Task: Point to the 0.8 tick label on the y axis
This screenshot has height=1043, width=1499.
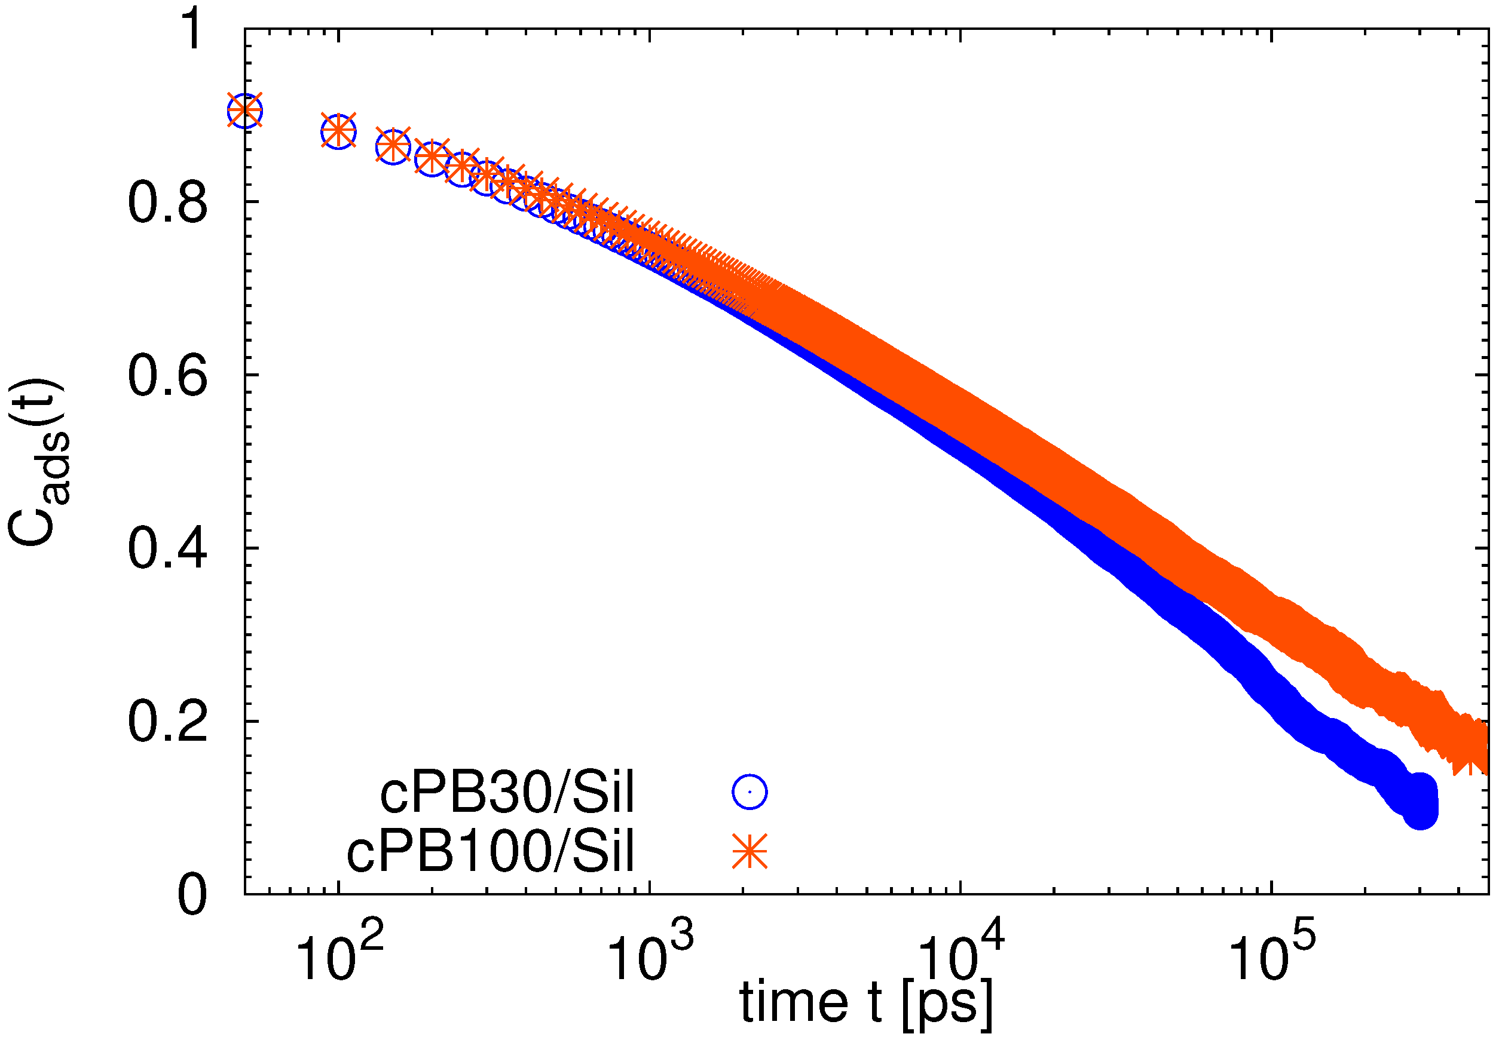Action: (168, 203)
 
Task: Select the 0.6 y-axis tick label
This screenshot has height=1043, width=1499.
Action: (168, 376)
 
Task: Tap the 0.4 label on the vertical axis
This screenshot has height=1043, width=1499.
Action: (168, 549)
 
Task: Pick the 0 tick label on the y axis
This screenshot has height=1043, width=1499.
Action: (192, 895)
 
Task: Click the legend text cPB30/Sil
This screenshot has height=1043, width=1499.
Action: (507, 793)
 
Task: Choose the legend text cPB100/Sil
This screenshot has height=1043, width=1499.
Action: (490, 851)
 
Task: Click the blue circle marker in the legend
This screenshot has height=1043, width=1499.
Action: (749, 792)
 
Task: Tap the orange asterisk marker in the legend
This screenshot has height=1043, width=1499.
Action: (749, 851)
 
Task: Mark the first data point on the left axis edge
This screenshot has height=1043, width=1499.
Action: (245, 112)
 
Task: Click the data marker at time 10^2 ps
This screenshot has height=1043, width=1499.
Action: (338, 132)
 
